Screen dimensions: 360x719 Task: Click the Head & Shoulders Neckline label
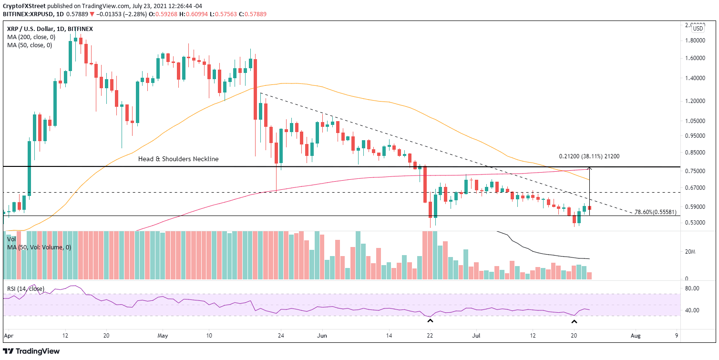click(x=178, y=159)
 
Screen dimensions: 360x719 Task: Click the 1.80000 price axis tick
click(x=691, y=41)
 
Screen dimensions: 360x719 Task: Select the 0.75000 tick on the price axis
click(x=691, y=171)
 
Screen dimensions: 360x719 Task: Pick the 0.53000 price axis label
click(x=691, y=223)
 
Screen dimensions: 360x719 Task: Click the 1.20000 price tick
click(x=691, y=101)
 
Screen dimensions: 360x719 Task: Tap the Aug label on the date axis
click(x=635, y=336)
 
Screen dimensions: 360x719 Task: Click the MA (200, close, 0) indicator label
click(x=30, y=37)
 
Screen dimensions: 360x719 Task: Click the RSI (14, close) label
click(x=26, y=289)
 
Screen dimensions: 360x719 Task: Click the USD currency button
click(x=698, y=29)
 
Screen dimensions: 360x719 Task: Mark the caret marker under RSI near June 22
click(x=430, y=321)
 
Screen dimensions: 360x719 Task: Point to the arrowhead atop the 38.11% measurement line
click(x=590, y=168)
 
